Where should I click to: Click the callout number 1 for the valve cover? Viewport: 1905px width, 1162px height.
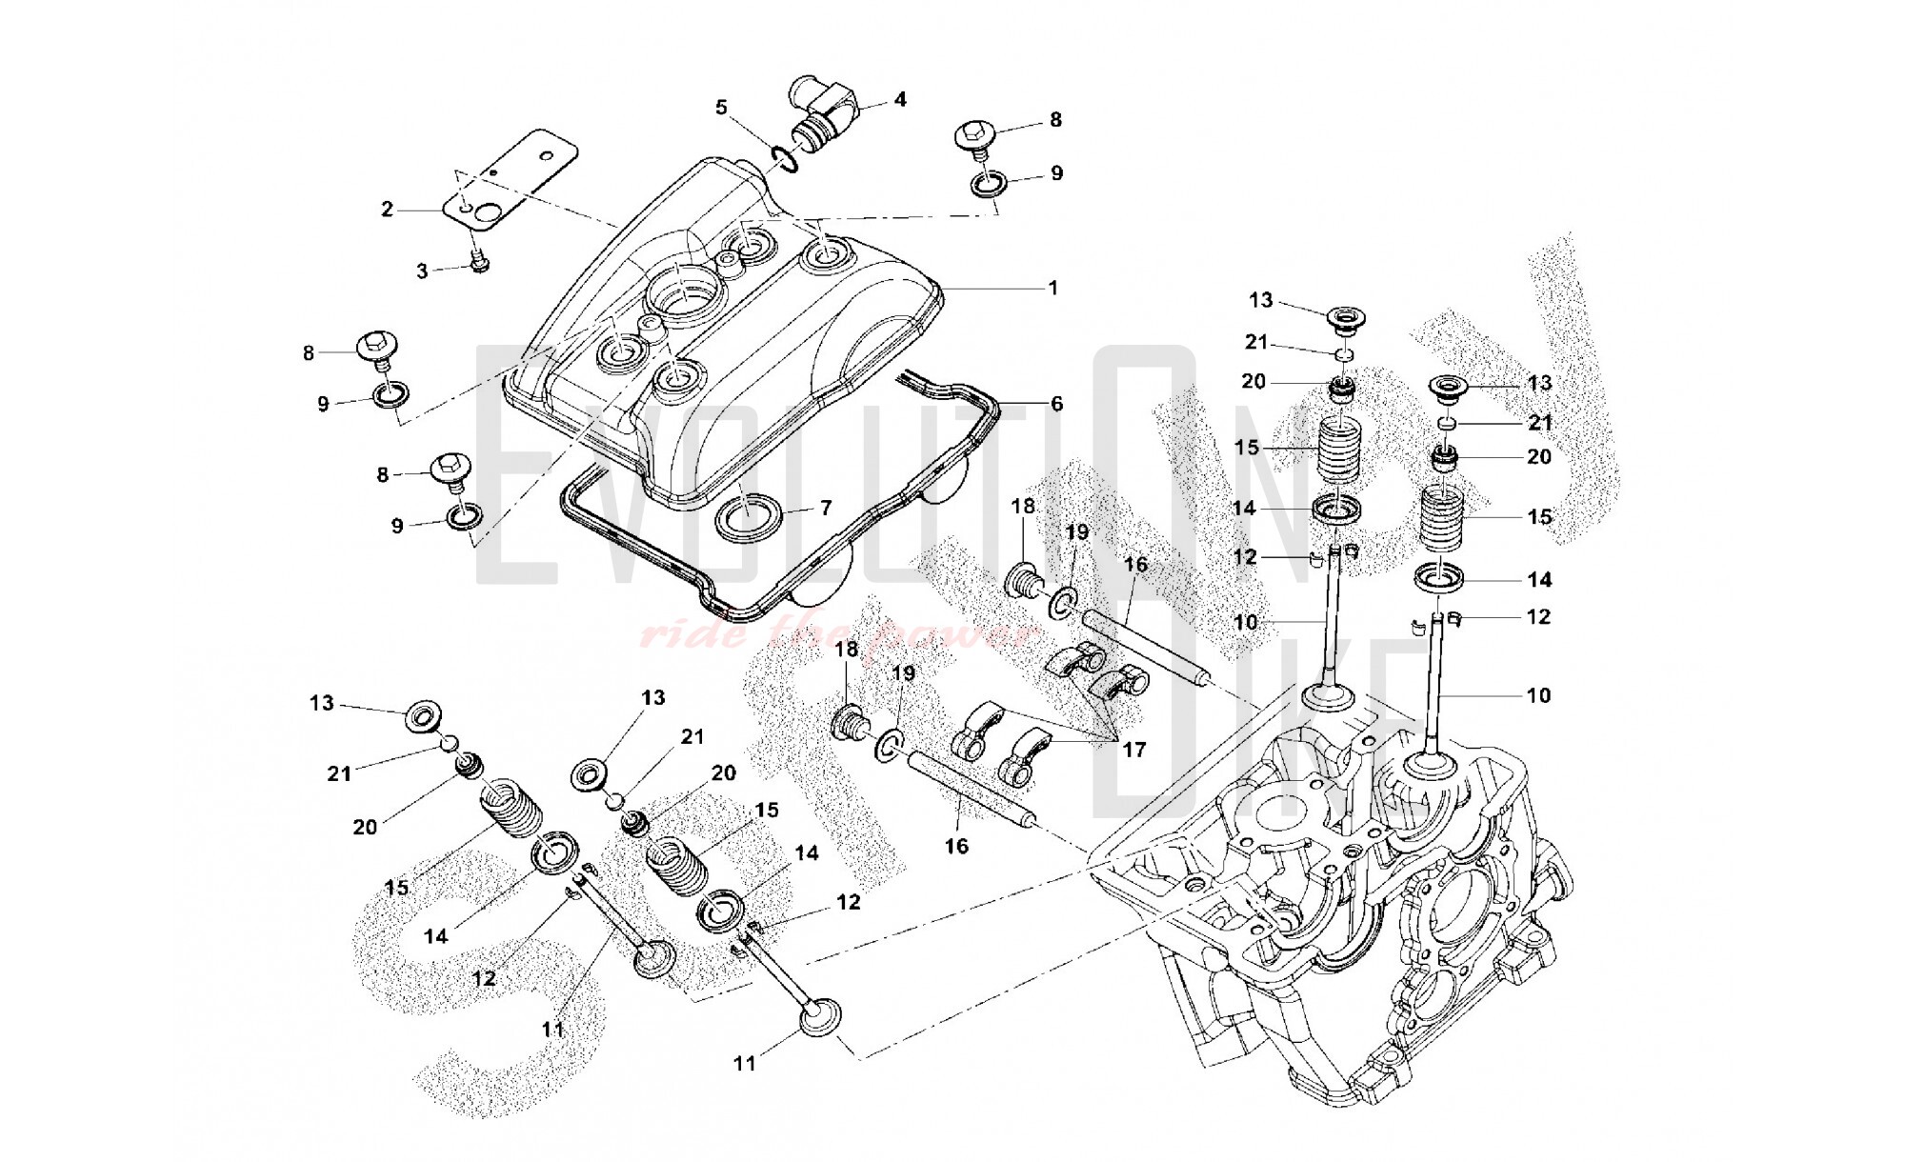click(x=1053, y=288)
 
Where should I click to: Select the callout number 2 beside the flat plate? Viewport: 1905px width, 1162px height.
click(x=387, y=209)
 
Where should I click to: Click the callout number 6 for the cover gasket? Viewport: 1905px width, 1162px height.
click(x=1056, y=404)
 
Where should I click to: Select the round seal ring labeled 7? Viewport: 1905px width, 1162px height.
click(x=749, y=516)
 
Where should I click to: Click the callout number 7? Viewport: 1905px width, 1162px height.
click(x=825, y=509)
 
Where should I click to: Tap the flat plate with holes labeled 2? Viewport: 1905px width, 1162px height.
click(x=514, y=181)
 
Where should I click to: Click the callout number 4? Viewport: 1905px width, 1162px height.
click(x=899, y=99)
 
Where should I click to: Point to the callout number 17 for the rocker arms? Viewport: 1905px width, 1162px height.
click(x=1133, y=750)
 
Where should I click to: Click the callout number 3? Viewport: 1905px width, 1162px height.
click(x=422, y=272)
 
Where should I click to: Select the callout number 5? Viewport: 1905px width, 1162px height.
click(x=721, y=107)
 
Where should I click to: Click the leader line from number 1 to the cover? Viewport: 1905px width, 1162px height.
click(x=991, y=288)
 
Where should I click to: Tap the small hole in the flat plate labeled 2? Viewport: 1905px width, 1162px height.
click(x=546, y=155)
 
